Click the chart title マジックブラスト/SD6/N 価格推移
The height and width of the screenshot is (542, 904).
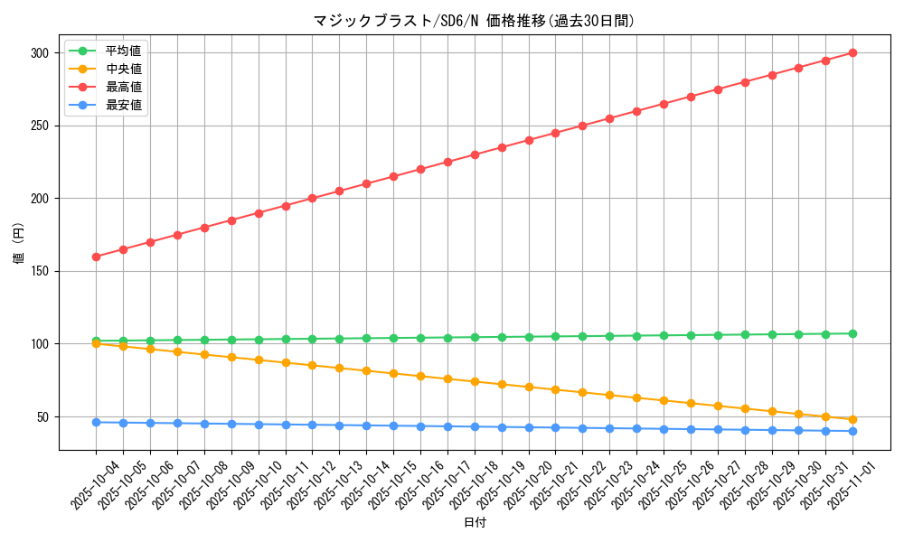474,20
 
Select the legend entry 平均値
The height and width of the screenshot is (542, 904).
123,51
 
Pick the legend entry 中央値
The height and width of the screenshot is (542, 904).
123,69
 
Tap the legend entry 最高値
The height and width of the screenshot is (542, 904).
123,87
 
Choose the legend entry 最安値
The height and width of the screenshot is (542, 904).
123,105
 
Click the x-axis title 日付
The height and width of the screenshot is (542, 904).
474,523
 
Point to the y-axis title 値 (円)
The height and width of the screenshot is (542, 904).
18,243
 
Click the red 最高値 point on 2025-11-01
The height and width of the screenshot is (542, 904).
852,53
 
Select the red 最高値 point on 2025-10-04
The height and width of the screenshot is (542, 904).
96,257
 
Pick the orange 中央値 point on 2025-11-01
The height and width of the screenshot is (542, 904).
852,419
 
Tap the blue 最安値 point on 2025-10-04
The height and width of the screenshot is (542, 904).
96,422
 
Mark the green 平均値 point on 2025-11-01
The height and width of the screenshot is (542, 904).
852,333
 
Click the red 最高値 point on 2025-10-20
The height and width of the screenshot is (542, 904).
529,140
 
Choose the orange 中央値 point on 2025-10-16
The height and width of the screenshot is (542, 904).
420,376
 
